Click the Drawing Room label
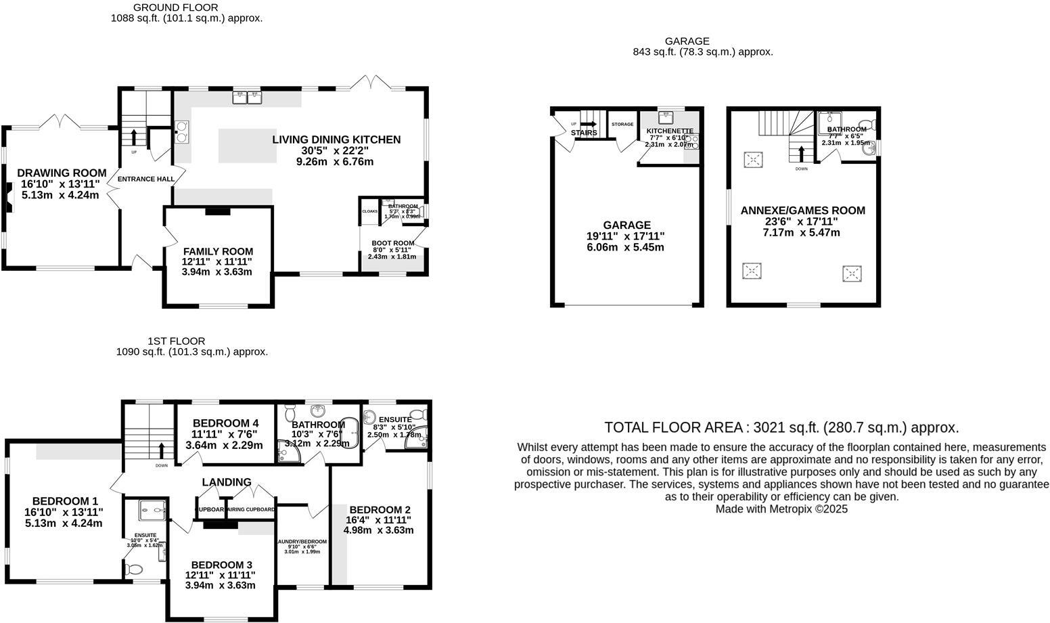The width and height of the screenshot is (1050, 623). [62, 173]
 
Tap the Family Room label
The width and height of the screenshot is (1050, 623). [218, 251]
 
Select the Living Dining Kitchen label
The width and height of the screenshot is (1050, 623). [336, 140]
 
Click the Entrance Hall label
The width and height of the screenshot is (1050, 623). [146, 179]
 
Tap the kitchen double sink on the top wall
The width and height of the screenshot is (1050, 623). [247, 98]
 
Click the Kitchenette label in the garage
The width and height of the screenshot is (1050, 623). [670, 131]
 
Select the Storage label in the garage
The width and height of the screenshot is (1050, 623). [622, 125]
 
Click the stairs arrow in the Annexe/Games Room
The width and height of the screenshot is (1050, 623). [802, 153]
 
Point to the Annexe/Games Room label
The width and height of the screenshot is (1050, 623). [802, 211]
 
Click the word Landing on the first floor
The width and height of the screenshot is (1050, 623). [227, 482]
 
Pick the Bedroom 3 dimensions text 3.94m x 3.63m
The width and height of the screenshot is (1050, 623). [221, 585]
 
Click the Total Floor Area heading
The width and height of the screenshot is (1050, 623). [781, 427]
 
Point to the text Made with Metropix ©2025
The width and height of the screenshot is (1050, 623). [781, 509]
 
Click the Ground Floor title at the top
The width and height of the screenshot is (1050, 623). [176, 7]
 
